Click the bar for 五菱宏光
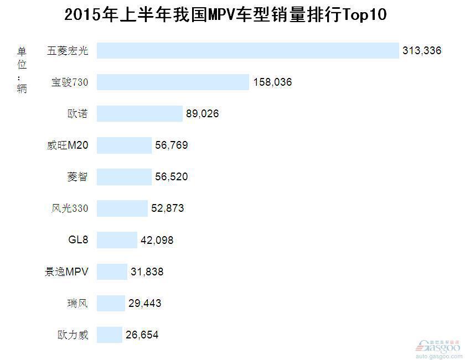tap(247, 51)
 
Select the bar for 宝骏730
tap(173, 82)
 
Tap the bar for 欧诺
tap(139, 114)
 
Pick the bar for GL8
tap(117, 240)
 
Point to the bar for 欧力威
tap(109, 335)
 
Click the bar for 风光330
tap(122, 208)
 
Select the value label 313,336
tap(422, 51)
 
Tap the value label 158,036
tap(272, 82)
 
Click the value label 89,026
tap(203, 114)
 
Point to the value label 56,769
tap(172, 145)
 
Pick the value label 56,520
tap(172, 177)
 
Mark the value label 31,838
tap(147, 272)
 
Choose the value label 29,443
tap(145, 303)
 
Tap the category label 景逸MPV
tap(66, 272)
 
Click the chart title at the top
tap(225, 14)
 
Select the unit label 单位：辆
tap(22, 70)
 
